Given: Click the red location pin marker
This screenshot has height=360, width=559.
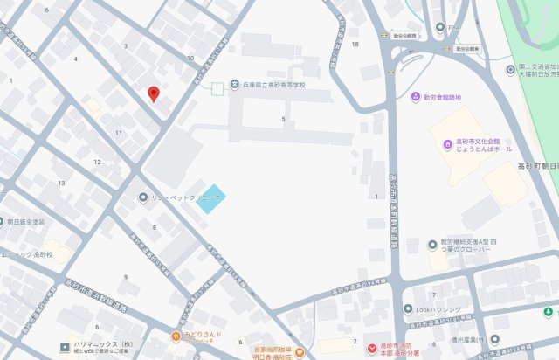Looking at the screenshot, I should click(x=154, y=94).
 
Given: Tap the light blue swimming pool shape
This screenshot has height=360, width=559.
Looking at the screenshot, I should click(x=210, y=199).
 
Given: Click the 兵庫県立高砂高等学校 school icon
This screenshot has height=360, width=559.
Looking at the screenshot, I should click(x=234, y=85).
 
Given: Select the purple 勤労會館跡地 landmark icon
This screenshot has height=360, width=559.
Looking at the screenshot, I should click(x=416, y=97).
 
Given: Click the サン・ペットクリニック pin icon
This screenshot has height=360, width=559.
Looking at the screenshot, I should click(x=143, y=197).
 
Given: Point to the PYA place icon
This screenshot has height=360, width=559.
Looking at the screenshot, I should click(x=440, y=27).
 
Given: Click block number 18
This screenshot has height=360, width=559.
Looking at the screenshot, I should click(x=355, y=44).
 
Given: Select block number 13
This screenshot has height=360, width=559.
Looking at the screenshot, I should click(x=61, y=183).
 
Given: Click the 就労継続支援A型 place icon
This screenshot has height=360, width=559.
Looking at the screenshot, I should click(x=431, y=244).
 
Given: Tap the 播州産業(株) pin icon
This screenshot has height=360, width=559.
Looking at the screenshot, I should click(x=494, y=339).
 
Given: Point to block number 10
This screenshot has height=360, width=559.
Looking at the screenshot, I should click(x=190, y=59).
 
